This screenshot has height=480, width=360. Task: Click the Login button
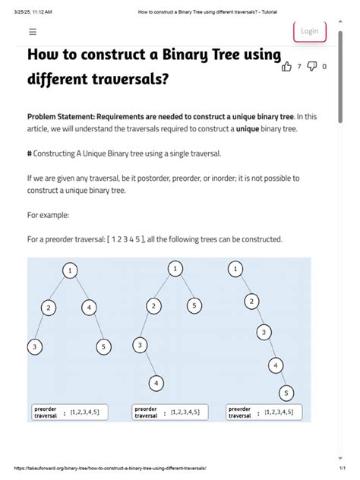(x=310, y=31)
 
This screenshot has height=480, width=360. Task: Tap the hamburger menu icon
(x=33, y=32)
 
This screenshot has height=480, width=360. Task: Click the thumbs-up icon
(x=287, y=67)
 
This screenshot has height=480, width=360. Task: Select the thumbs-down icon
(x=311, y=67)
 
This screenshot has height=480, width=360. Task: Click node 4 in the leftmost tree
(x=89, y=308)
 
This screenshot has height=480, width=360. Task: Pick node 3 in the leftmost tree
(x=34, y=347)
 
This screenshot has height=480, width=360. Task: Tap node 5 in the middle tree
(x=194, y=306)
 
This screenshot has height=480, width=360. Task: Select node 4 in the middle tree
(x=155, y=383)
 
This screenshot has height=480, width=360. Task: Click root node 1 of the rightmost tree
(x=236, y=269)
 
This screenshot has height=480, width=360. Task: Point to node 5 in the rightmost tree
(x=286, y=393)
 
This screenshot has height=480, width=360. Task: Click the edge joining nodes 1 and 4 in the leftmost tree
(x=80, y=289)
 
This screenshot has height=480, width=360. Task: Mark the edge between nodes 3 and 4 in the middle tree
(x=147, y=365)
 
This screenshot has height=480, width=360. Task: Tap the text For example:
(x=49, y=215)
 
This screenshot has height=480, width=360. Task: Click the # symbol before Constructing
(x=30, y=153)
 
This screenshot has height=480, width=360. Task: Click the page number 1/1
(x=342, y=469)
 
